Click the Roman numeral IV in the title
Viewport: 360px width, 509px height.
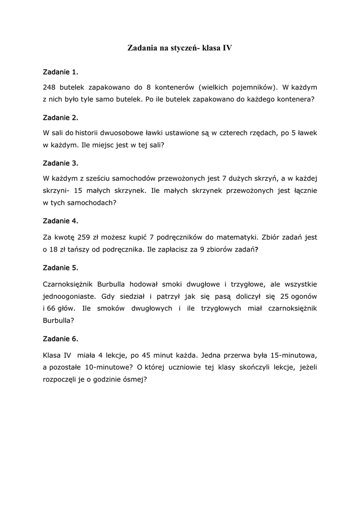coord(227,48)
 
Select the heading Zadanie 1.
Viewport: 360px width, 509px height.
coord(61,72)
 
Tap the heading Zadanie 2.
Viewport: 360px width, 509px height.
coord(61,118)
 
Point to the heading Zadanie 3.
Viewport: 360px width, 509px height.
coord(61,163)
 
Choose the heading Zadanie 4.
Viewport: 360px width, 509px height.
coord(61,220)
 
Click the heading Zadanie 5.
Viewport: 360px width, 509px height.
coord(61,267)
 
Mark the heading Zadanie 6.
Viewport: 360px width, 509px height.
coord(61,339)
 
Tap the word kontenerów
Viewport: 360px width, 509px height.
coord(176,86)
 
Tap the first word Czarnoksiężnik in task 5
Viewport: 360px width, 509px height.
coord(71,284)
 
